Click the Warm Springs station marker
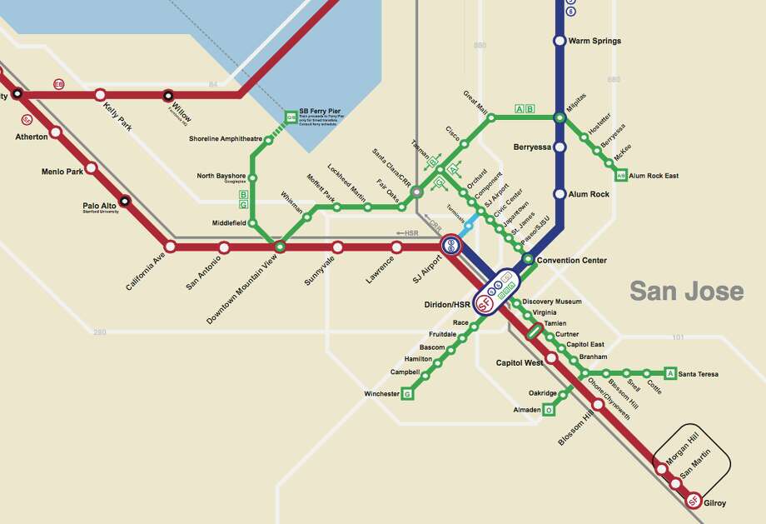click(560, 41)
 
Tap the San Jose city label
click(686, 292)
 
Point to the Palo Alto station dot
click(125, 201)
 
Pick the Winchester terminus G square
click(408, 393)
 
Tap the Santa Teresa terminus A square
click(669, 373)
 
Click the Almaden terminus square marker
click(549, 410)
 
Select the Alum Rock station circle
click(560, 194)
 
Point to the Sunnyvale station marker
click(337, 247)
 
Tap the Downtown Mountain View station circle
click(280, 247)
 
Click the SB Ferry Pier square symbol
click(291, 116)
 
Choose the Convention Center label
click(571, 261)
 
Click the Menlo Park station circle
click(91, 167)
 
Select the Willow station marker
click(168, 95)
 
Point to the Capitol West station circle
click(551, 358)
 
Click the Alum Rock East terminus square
click(620, 176)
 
